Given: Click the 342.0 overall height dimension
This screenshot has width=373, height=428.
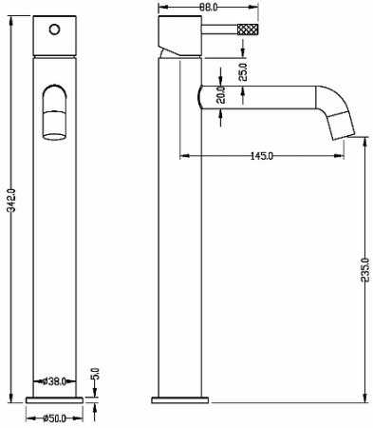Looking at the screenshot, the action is click(x=11, y=201).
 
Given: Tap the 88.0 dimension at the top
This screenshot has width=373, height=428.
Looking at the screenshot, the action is click(x=209, y=7).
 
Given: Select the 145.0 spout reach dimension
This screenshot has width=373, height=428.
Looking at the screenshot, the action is click(x=262, y=156).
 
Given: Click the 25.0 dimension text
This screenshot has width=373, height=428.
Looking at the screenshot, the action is click(x=243, y=72).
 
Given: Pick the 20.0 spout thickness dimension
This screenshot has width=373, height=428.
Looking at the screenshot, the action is click(x=221, y=95).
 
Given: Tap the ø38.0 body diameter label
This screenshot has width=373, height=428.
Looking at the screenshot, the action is click(x=54, y=381).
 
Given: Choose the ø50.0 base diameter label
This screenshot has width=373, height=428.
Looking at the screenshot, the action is click(x=54, y=418).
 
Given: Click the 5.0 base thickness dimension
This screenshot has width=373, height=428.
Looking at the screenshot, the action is click(x=96, y=374).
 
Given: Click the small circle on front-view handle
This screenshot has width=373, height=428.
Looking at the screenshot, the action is click(x=54, y=29).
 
